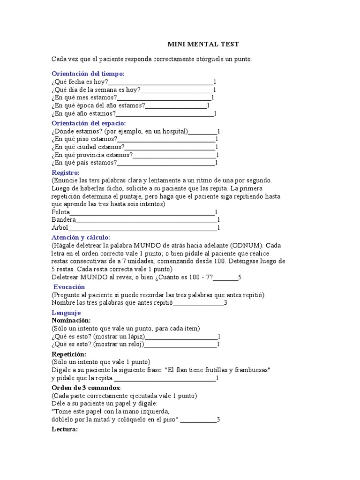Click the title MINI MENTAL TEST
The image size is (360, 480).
click(x=203, y=44)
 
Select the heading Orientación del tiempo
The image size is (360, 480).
click(x=88, y=74)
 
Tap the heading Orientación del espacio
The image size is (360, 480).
click(x=89, y=123)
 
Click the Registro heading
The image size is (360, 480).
click(x=65, y=172)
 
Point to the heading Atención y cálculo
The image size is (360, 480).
click(x=81, y=237)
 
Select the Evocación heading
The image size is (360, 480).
click(x=69, y=286)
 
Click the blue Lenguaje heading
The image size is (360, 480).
click(x=66, y=312)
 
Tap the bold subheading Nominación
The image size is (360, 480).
click(x=70, y=320)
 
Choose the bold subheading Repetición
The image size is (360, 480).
click(x=68, y=354)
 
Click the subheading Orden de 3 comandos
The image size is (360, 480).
click(x=86, y=388)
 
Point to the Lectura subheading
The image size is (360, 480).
click(x=65, y=429)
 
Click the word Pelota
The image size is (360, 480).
click(x=60, y=212)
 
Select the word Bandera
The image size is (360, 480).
click(x=63, y=220)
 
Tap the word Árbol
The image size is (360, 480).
click(x=60, y=228)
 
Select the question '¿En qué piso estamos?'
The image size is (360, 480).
click(x=84, y=139)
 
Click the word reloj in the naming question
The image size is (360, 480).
click(x=135, y=345)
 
